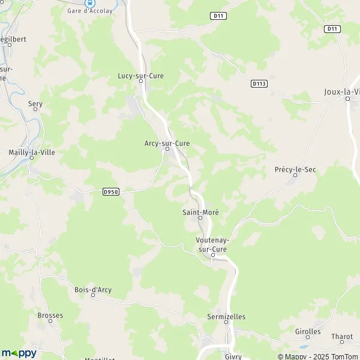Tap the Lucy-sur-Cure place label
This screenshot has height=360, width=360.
coord(140,76)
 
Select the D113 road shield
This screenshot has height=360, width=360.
coord(259,84)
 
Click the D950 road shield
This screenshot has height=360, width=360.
coord(110,192)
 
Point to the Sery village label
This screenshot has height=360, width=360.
coord(35,104)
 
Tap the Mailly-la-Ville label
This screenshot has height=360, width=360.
coord(32,152)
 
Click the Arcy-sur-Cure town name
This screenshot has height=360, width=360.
coord(167,143)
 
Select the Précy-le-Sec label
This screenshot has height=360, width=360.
coord(295,170)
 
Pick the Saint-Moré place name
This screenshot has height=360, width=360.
coord(200,212)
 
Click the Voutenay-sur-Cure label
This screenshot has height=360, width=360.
coord(212,244)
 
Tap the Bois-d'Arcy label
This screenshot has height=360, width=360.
coord(93,290)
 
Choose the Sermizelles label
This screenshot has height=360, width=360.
coord(226,317)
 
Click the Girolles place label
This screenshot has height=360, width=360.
coord(308,331)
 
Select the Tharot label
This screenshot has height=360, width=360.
coord(342,337)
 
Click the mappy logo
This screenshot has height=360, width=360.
coord(19,353)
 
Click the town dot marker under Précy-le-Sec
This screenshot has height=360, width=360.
coord(295,175)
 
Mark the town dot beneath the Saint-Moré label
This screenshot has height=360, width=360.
coord(200,218)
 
